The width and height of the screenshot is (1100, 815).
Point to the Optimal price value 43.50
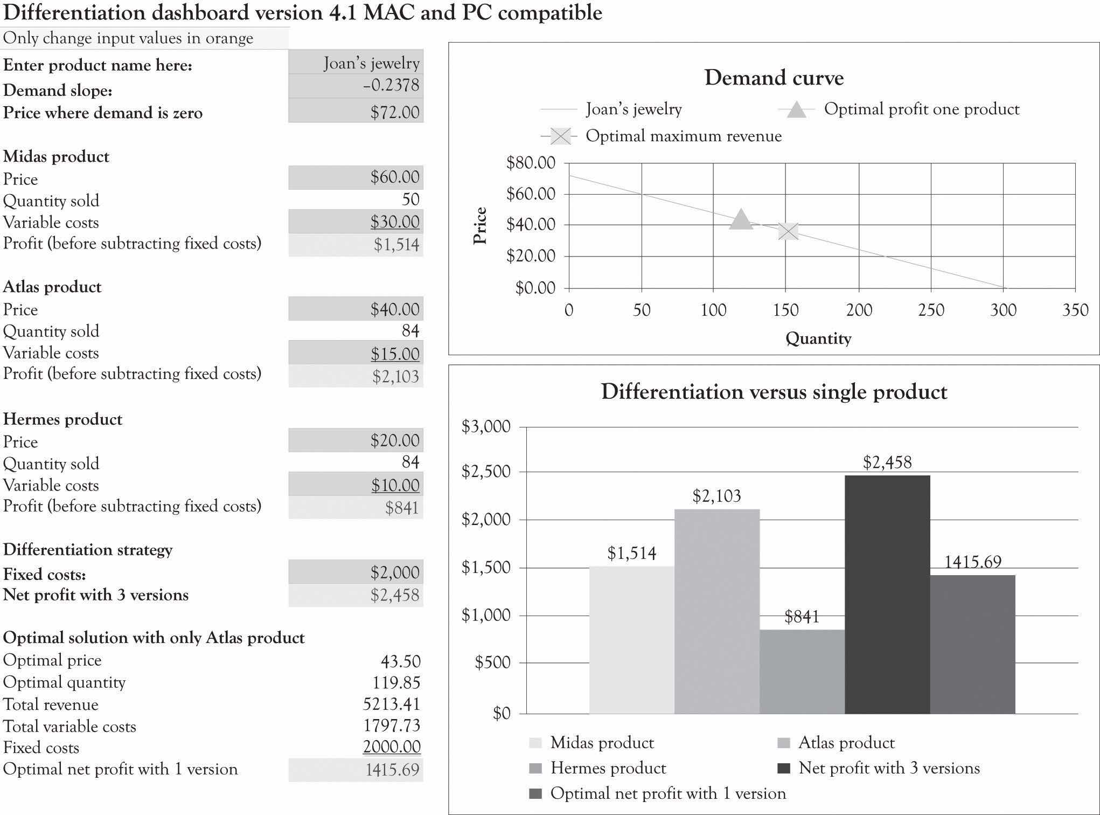click(x=400, y=661)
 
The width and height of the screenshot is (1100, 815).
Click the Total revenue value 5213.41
click(x=392, y=704)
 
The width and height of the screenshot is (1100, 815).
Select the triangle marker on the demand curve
click(x=741, y=219)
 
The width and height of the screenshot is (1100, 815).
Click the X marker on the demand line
click(x=788, y=231)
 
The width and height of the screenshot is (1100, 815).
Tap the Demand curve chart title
click(x=774, y=78)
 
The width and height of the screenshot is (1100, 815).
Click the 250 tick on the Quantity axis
click(x=931, y=310)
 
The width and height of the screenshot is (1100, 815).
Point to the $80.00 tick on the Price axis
click(x=531, y=163)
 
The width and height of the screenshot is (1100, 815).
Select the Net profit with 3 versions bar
click(x=887, y=593)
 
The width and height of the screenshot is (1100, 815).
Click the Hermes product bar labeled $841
click(x=802, y=671)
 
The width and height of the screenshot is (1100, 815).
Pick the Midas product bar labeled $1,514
click(x=631, y=639)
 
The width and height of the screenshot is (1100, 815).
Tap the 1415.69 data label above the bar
click(x=972, y=562)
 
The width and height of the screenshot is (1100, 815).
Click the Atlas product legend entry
click(x=846, y=743)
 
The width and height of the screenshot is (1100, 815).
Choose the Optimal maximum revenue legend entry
click(x=683, y=136)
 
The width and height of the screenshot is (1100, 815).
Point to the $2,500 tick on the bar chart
click(x=486, y=472)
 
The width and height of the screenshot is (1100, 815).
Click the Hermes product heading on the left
click(x=62, y=419)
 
